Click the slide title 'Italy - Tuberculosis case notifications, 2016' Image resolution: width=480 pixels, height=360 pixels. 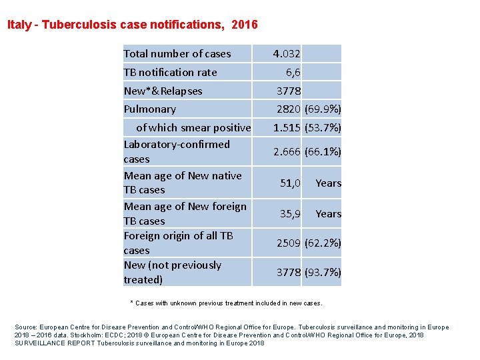tap(132, 25)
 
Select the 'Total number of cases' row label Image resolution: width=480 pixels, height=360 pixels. tap(177, 54)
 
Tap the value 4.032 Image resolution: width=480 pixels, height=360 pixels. tap(287, 54)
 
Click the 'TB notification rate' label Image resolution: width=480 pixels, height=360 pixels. tap(170, 72)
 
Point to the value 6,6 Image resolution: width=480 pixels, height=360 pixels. tap(293, 72)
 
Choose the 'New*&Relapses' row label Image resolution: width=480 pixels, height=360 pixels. tap(163, 91)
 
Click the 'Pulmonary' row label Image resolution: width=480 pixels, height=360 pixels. tap(150, 109)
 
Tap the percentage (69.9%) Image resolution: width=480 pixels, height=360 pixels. tap(323, 109)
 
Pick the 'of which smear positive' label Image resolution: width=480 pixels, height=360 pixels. tap(193, 127)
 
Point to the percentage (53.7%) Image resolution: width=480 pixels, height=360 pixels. tap(323, 127)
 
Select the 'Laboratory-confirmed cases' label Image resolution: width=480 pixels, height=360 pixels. tap(177, 151)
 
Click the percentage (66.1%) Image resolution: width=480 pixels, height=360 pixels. tap(323, 152)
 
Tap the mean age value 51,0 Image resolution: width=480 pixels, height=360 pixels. tap(290, 183)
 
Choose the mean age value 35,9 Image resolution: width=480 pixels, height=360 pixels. tap(290, 214)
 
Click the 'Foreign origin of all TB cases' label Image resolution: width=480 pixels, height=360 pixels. tap(178, 243)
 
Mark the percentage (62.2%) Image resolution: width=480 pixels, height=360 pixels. tap(323, 243)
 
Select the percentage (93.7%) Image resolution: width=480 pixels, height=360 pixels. tap(323, 272)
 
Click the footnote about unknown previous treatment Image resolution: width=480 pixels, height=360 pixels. tap(226, 303)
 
